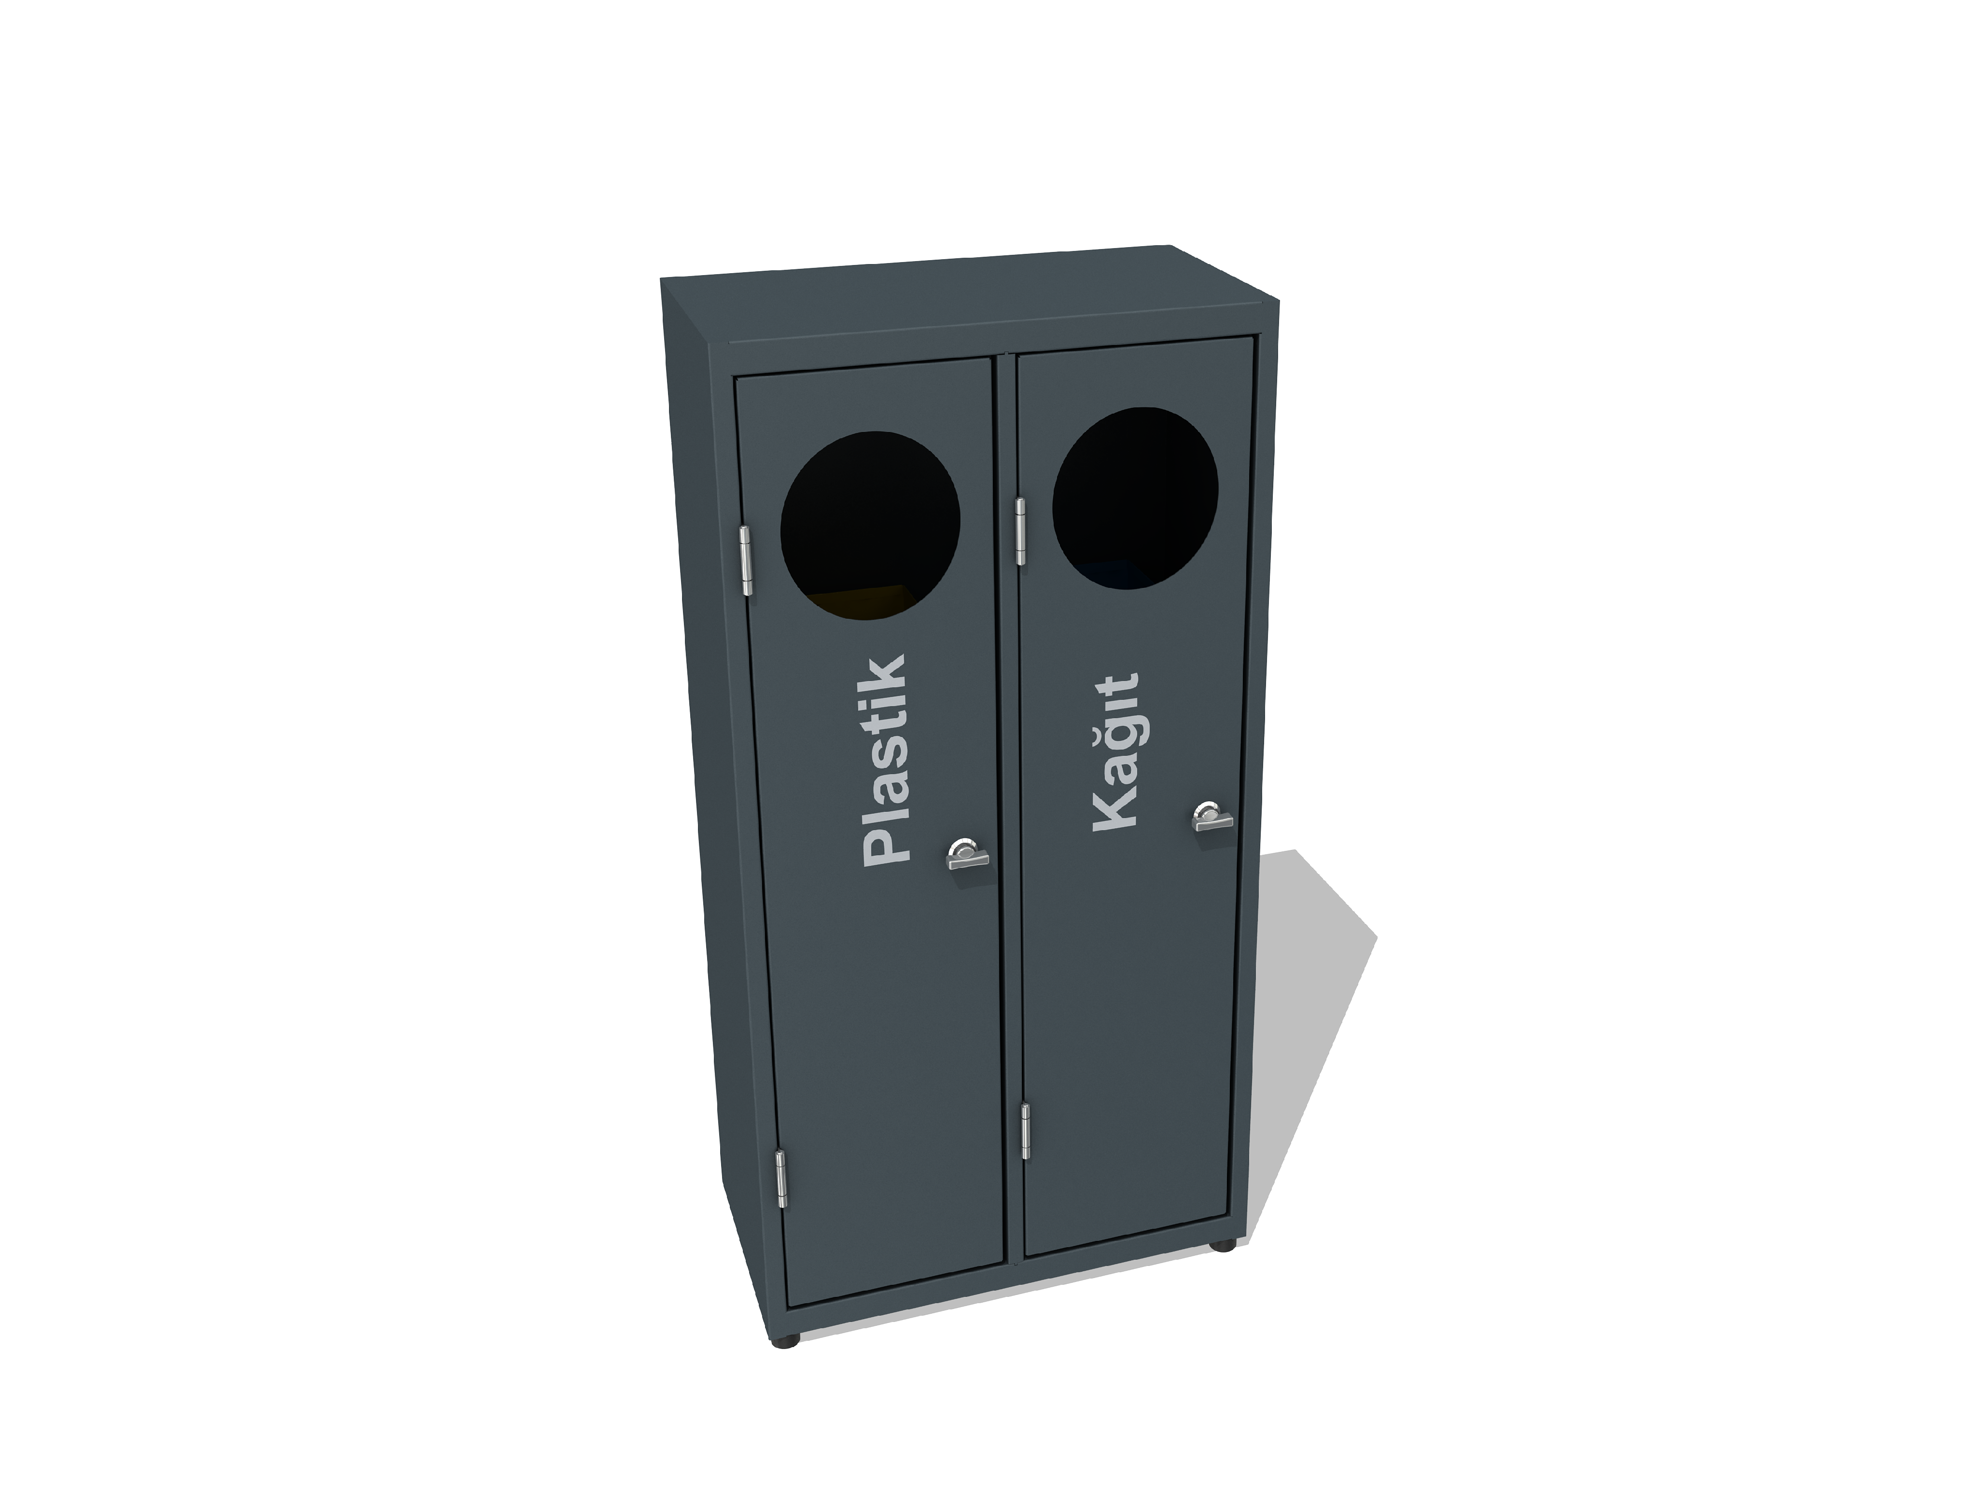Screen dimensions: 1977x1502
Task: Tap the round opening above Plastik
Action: click(870, 526)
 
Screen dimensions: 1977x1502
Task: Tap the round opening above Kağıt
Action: click(1135, 499)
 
